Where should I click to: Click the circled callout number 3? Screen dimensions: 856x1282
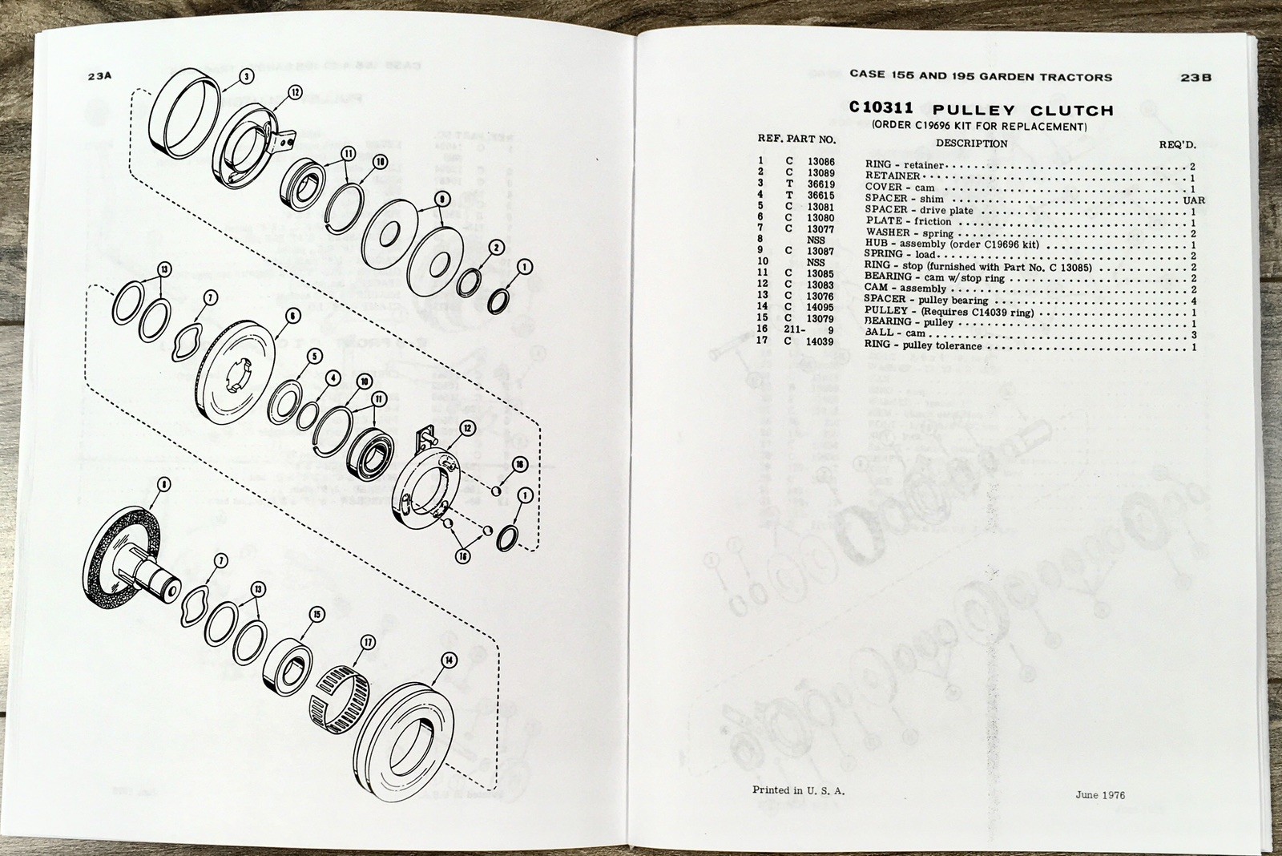click(247, 76)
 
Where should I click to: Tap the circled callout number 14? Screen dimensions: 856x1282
click(447, 660)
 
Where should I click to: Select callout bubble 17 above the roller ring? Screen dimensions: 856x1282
click(368, 642)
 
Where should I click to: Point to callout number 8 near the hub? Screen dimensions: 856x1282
click(164, 484)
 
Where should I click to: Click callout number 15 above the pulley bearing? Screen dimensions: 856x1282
click(316, 615)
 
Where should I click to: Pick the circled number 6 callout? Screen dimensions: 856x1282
click(292, 316)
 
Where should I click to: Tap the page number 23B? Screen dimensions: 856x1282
click(1195, 78)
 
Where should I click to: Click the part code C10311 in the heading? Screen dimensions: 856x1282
click(881, 109)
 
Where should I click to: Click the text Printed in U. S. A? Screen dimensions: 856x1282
click(798, 789)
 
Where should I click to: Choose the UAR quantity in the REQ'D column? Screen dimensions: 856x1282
click(1192, 200)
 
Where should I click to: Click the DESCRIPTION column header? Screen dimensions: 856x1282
click(971, 143)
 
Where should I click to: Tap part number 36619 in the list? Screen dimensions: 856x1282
click(820, 184)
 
